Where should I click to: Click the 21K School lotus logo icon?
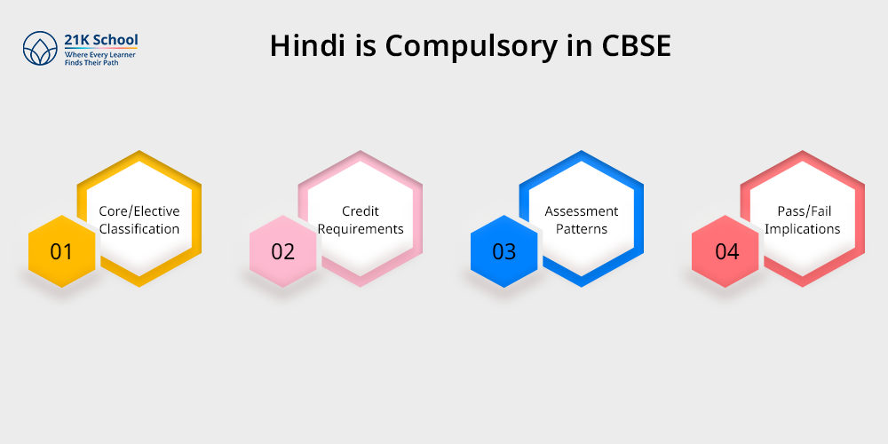(40, 49)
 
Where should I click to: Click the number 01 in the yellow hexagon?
(61, 251)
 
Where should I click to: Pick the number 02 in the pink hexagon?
(282, 251)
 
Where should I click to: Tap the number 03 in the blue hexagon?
(503, 251)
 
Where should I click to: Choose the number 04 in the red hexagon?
(726, 251)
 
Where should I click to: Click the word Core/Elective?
(139, 211)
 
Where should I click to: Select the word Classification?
(139, 229)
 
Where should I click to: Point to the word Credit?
(361, 211)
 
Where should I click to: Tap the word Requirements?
(361, 229)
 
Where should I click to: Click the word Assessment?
(582, 211)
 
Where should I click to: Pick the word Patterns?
(582, 229)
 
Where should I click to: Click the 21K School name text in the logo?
(101, 40)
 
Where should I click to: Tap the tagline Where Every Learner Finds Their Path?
(99, 59)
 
